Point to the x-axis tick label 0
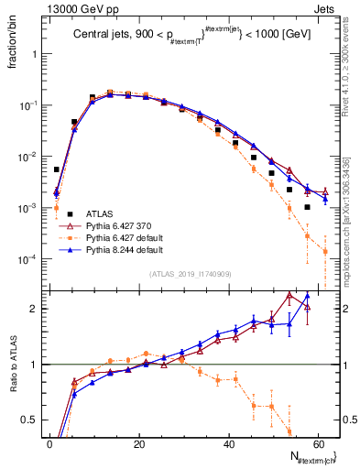click(x=49, y=443)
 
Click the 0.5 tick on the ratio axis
click(x=33, y=420)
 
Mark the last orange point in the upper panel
click(x=324, y=251)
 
